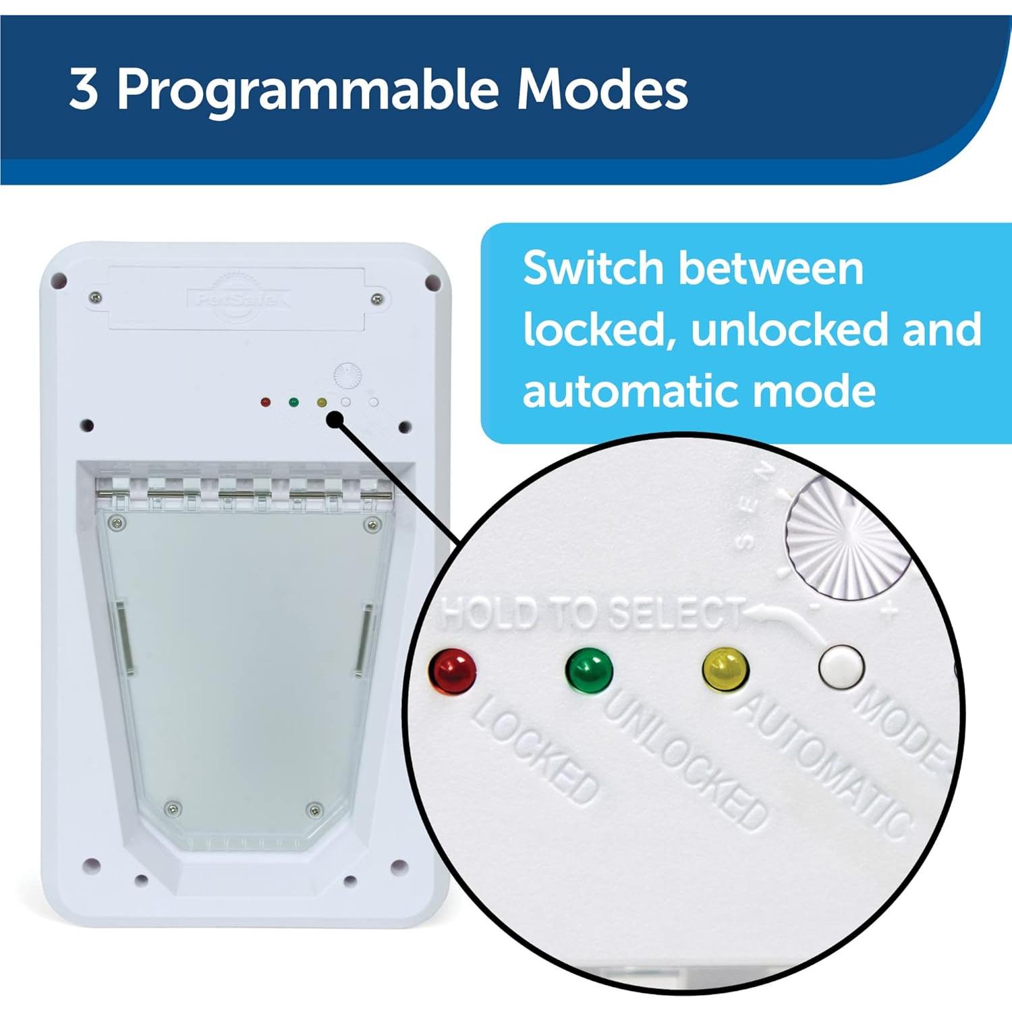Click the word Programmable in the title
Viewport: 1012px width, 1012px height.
click(x=308, y=90)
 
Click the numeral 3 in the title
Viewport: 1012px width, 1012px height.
click(x=84, y=89)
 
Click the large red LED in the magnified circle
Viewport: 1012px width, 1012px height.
click(x=452, y=669)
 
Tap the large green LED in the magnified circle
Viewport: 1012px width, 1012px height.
click(x=589, y=669)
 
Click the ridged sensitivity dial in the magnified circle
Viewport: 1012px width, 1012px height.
click(x=849, y=540)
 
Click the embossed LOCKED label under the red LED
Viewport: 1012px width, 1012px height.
click(x=534, y=750)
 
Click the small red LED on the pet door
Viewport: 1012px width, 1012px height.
click(x=265, y=402)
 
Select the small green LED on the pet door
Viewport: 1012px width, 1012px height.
click(x=293, y=402)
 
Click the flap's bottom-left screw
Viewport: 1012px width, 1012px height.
click(x=173, y=808)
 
